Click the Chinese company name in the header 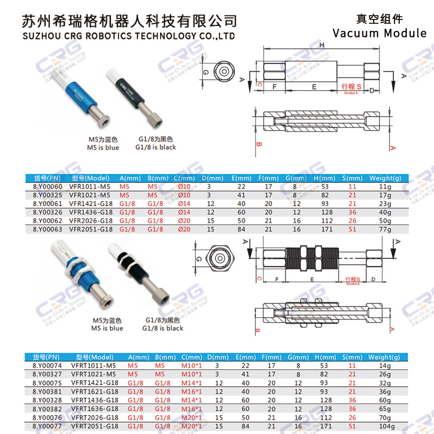[x=129, y=20]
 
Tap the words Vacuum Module [x=379, y=33]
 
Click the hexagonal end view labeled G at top [x=221, y=72]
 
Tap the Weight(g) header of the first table [x=385, y=178]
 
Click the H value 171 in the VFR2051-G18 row [x=325, y=229]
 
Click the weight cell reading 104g [x=385, y=426]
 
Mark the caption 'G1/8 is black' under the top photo [x=156, y=147]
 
